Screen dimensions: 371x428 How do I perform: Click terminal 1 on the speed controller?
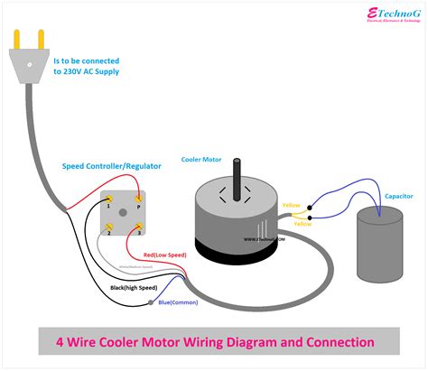109,198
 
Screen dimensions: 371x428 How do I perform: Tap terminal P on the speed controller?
138,198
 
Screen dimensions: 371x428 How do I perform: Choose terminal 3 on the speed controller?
138,230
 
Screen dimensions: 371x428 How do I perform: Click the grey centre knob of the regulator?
124,214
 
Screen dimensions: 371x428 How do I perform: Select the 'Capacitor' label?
399,195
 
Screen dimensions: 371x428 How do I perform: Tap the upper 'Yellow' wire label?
293,205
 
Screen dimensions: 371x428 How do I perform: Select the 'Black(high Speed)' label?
132,287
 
